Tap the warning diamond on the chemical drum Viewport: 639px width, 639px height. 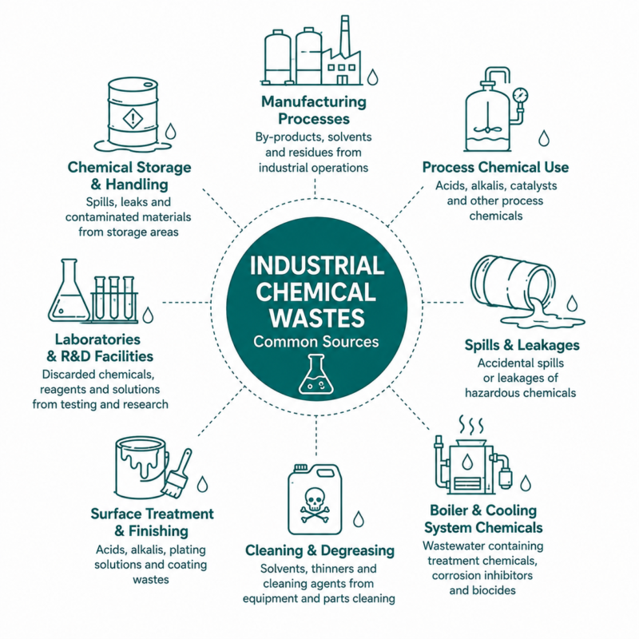(x=133, y=118)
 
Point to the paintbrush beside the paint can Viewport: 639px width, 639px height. (x=177, y=474)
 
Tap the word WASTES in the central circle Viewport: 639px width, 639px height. (x=316, y=319)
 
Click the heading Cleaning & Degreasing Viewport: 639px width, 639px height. (x=320, y=550)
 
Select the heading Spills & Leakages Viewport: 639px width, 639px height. (x=522, y=345)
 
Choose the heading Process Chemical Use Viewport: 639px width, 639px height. (x=495, y=167)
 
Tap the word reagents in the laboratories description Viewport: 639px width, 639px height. (x=62, y=390)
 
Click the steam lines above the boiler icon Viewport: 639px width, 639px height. (x=471, y=426)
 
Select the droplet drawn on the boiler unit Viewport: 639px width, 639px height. (x=467, y=462)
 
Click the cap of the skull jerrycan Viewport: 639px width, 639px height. (x=301, y=467)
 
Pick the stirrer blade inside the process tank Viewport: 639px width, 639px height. (x=487, y=130)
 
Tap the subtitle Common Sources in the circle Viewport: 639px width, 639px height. (x=316, y=342)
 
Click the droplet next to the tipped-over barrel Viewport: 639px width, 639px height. (x=573, y=304)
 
